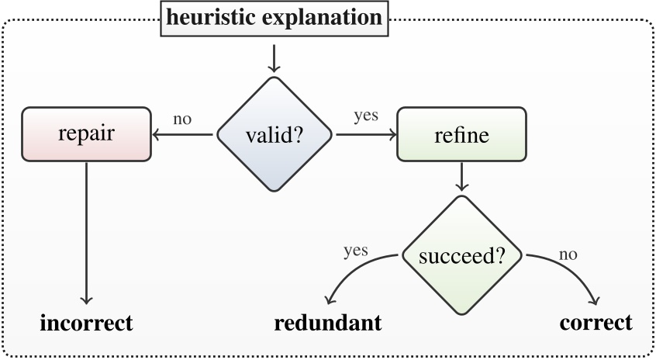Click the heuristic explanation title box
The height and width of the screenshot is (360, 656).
pos(274,18)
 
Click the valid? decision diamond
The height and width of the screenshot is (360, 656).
pos(274,134)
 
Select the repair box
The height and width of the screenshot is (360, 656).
pos(86,134)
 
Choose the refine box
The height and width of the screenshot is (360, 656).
pos(461,134)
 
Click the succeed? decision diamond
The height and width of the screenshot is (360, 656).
pos(462,255)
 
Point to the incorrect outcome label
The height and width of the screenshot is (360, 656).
pos(86,323)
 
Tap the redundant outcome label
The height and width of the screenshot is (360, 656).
pos(328,323)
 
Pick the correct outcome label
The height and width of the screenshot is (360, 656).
pos(596,323)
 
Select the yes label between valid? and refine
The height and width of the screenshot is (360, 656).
pos(365,116)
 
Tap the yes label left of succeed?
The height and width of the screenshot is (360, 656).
pos(355,251)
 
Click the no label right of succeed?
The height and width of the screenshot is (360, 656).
pos(568,254)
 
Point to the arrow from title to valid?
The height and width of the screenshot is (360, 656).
pos(274,57)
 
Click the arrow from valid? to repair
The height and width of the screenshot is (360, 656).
pos(183,134)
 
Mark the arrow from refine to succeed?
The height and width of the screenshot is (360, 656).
pos(462,177)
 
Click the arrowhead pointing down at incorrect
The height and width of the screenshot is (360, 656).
pos(86,299)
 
